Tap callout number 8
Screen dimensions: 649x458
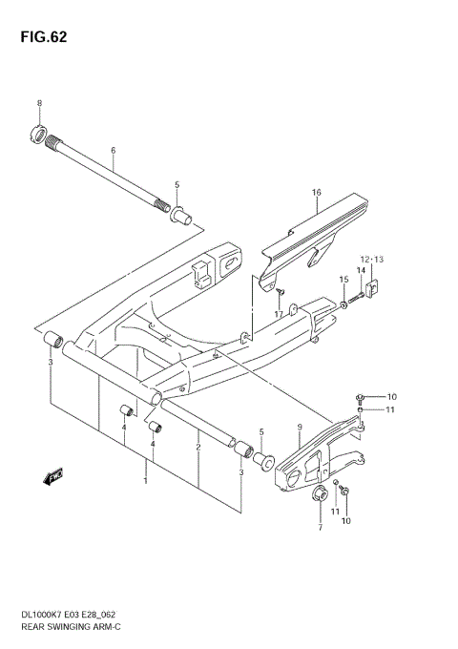coord(39,103)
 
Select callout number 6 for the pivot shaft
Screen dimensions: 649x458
coord(113,152)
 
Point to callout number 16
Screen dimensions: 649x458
coord(316,193)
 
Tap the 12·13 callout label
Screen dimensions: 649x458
coord(370,260)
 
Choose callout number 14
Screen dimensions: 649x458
coord(362,271)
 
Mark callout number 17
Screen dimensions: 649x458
coord(279,314)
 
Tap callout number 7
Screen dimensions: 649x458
coord(320,526)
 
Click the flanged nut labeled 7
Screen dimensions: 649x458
coord(321,494)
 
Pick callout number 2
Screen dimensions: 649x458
coord(198,447)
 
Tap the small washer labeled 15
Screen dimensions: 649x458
coord(343,305)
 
